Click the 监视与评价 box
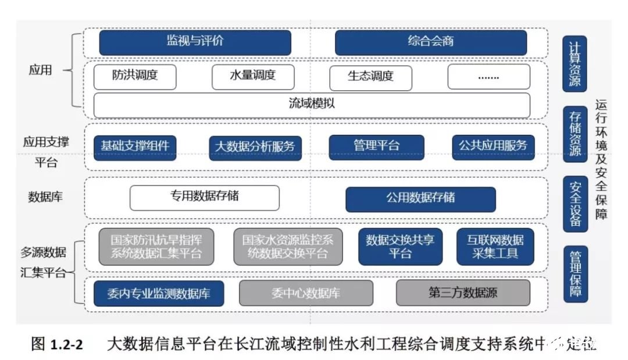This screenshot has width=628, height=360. tap(195, 42)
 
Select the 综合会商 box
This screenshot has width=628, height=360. tap(431, 42)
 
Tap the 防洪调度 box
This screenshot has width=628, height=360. tap(135, 76)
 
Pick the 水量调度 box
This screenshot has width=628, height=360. tap(253, 76)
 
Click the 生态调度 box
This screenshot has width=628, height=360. tap(370, 76)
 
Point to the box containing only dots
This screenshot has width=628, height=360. tap(488, 76)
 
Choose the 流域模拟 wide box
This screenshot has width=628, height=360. tap(312, 105)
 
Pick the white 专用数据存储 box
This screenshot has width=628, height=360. tap(204, 197)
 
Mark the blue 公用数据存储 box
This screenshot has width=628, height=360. tap(420, 198)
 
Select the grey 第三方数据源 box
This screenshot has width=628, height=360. tap(463, 293)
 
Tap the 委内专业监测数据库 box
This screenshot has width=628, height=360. tap(159, 293)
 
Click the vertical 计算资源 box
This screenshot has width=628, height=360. tap(575, 63)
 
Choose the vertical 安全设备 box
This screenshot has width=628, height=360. tap(575, 204)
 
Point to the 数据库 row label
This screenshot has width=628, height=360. tap(45, 197)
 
